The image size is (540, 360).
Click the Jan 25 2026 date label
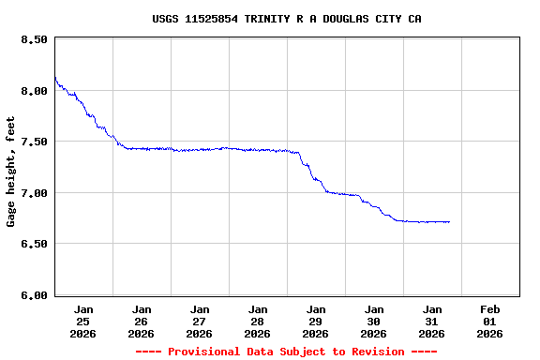pyautogui.click(x=83, y=321)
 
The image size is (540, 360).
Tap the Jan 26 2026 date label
pyautogui.click(x=142, y=321)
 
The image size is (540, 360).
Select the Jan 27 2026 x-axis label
pyautogui.click(x=200, y=321)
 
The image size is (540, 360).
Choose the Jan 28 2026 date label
pyautogui.click(x=258, y=321)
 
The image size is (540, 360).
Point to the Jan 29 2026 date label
pyautogui.click(x=316, y=321)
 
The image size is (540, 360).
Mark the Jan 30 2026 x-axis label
pyautogui.click(x=374, y=321)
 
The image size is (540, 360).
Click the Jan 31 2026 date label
pyautogui.click(x=432, y=321)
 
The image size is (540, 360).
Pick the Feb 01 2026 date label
pyautogui.click(x=489, y=321)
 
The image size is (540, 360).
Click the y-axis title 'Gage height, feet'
pyautogui.click(x=11, y=172)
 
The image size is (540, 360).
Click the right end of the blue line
pyautogui.click(x=449, y=222)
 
